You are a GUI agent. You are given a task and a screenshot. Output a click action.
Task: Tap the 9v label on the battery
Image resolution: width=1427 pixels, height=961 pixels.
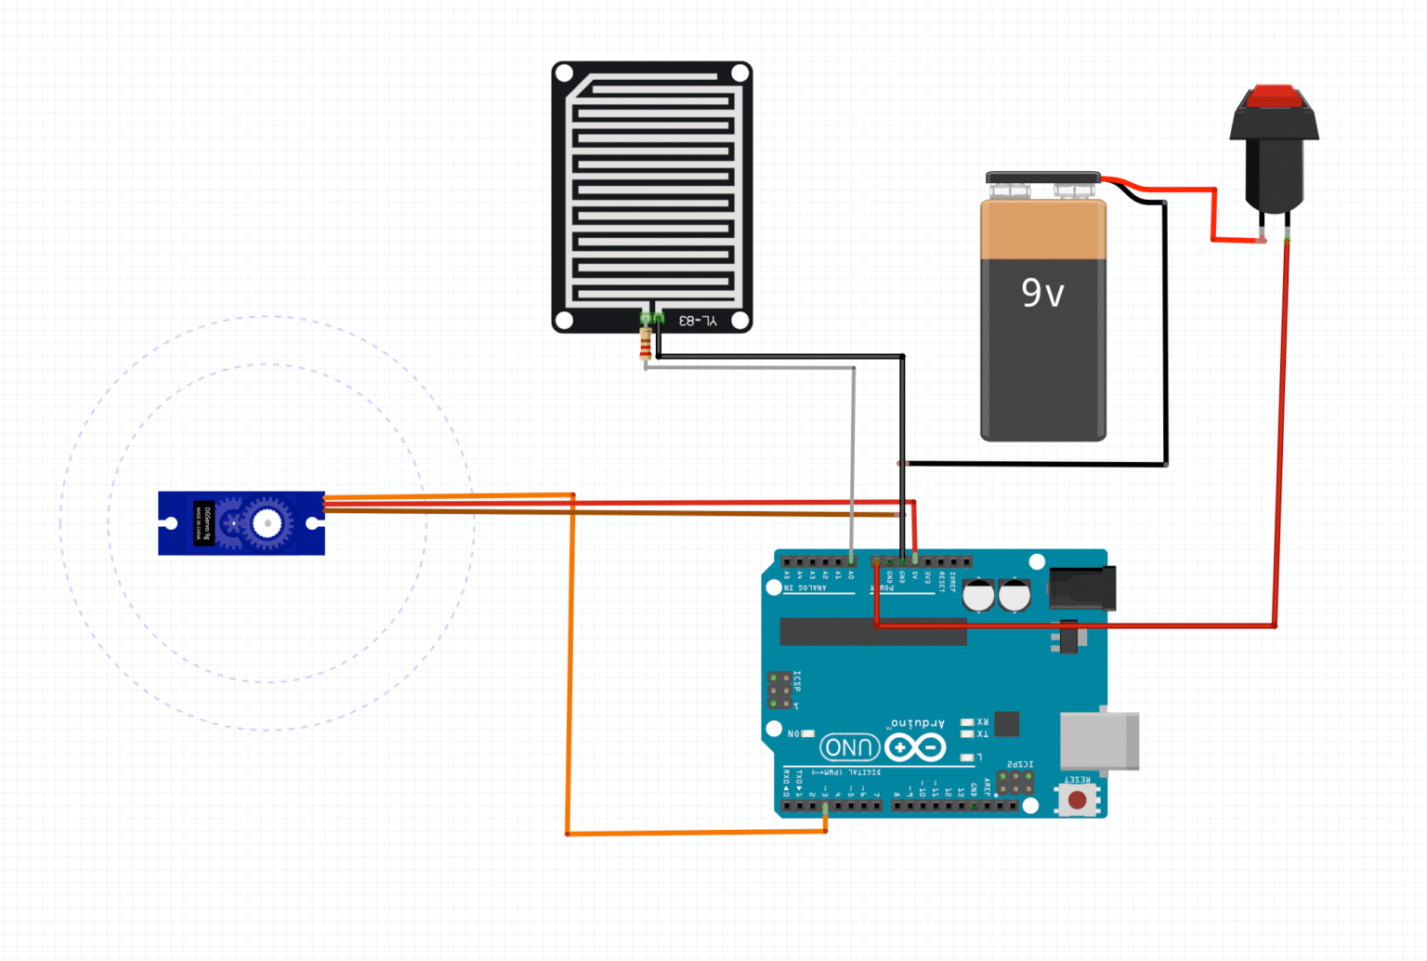click(x=1042, y=293)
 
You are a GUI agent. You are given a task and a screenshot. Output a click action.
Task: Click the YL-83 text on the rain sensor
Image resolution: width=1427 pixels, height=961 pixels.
click(x=697, y=321)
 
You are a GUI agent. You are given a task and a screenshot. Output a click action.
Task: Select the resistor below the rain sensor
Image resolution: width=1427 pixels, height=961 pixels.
click(x=646, y=343)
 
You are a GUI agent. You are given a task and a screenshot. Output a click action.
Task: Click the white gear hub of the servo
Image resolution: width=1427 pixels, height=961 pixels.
click(x=268, y=524)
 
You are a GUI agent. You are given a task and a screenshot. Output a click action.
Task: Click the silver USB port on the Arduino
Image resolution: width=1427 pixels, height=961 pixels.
click(x=1100, y=742)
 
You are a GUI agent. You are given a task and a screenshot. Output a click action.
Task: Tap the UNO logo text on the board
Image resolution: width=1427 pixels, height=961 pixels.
click(x=849, y=747)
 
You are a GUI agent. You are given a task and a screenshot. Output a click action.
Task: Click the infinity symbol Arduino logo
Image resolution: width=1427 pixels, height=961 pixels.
click(x=915, y=747)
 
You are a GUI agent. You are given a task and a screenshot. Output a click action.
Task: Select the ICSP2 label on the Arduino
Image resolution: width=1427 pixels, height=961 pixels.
click(x=1020, y=764)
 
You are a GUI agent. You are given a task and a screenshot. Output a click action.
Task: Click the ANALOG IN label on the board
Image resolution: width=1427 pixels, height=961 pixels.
click(x=805, y=587)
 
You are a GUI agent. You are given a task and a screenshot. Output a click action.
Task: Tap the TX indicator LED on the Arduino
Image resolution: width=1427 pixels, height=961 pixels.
click(x=967, y=734)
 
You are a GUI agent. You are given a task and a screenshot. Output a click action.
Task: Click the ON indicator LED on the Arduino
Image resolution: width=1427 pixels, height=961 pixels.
click(x=807, y=734)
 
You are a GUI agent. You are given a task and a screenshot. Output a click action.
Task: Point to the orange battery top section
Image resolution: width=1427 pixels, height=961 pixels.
click(x=1043, y=230)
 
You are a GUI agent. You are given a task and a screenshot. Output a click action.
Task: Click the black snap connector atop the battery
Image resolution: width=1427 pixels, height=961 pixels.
click(x=1042, y=178)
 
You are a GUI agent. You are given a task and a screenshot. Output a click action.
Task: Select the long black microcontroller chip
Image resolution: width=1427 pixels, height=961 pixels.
click(x=873, y=632)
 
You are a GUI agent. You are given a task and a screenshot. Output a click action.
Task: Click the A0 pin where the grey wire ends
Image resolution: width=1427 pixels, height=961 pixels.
click(x=852, y=561)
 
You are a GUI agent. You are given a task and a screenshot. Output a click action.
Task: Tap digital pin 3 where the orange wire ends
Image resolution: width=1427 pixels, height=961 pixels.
click(x=825, y=806)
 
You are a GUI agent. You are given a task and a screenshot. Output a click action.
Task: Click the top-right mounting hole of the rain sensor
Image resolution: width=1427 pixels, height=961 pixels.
click(x=740, y=72)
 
